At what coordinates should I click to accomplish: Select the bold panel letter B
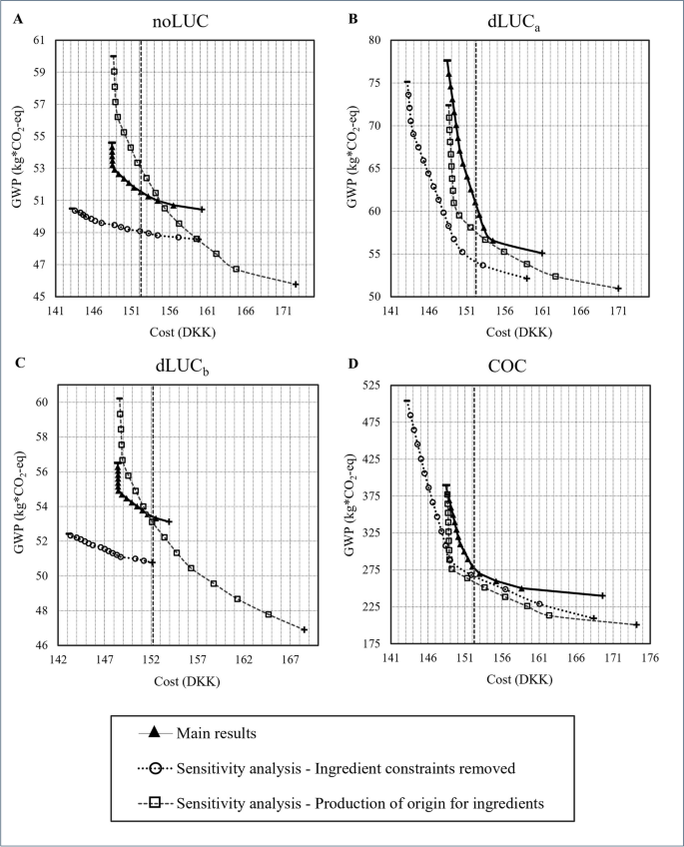351,18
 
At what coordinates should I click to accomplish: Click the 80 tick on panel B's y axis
375,41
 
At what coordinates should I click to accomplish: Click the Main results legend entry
217,732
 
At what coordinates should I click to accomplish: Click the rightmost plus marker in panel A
296,285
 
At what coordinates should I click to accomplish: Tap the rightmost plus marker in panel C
304,630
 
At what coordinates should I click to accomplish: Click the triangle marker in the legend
155,732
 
